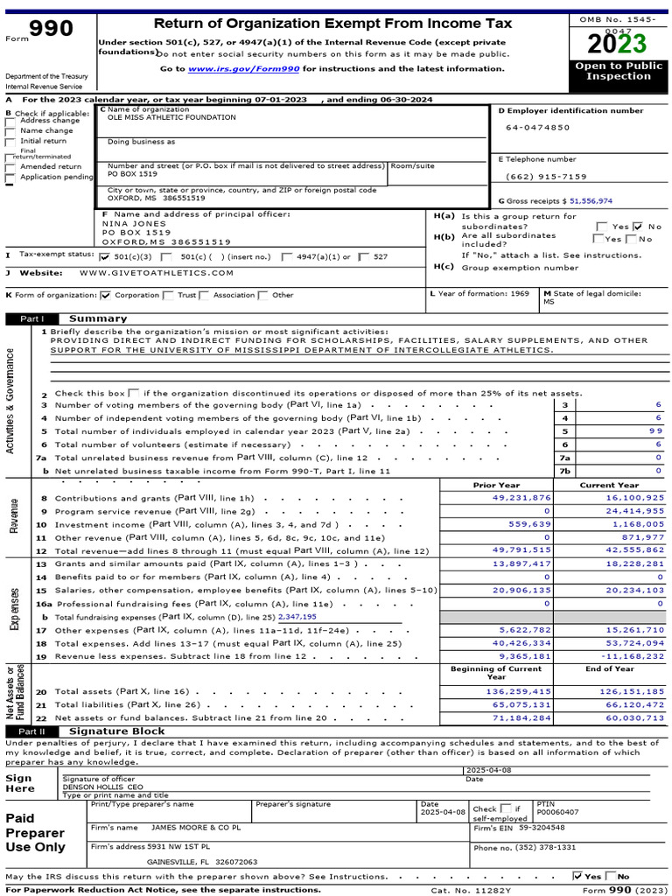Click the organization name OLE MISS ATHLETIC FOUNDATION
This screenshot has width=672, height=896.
171,117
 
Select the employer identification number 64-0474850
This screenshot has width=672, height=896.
537,128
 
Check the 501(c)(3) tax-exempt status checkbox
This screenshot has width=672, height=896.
105,257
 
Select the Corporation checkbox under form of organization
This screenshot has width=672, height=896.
106,296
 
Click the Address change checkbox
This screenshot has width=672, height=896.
10,121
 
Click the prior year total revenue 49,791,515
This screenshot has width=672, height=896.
521,549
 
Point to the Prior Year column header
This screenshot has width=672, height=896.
496,485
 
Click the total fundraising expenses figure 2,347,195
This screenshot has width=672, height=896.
297,616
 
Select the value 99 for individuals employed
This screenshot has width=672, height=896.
655,431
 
